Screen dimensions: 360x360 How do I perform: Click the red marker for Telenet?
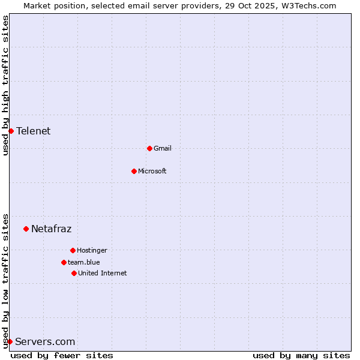coord(11,131)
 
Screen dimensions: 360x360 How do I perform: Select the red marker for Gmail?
coord(149,148)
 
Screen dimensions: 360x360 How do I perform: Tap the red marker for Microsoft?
coord(134,171)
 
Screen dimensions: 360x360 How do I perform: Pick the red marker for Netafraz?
coord(26,229)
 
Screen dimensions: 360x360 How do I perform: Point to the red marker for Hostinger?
coord(73,250)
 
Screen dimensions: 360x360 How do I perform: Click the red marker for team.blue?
coord(64,262)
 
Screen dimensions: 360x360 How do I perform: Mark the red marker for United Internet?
coord(74,273)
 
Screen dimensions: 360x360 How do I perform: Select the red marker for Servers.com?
coord(10,341)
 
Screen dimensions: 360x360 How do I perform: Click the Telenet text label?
coord(33,131)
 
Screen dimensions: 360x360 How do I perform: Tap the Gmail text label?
coord(162,148)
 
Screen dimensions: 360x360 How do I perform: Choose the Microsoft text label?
coord(152,171)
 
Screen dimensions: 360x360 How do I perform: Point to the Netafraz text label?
coord(51,229)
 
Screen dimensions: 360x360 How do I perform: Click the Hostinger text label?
coord(92,250)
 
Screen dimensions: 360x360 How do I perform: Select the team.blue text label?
coord(83,262)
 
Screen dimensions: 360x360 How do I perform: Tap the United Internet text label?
coord(102,273)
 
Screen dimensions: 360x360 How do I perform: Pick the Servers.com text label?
coord(45,342)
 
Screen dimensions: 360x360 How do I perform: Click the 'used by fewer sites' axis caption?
coord(62,355)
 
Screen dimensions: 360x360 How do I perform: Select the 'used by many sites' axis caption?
coord(301,355)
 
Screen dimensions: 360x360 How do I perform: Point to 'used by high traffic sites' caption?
coord(5,86)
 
